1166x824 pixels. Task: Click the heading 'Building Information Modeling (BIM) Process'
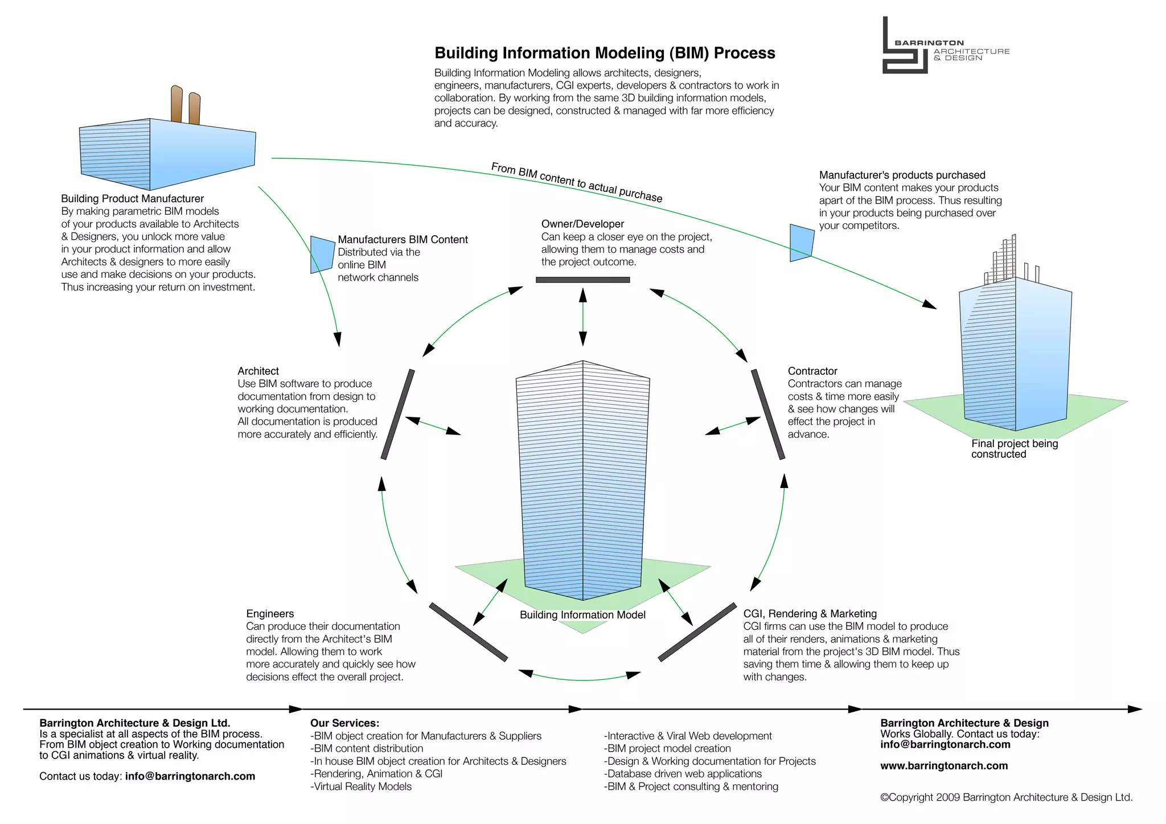coord(605,53)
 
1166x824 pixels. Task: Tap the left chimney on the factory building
coord(176,104)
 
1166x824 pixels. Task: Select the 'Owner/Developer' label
coord(582,224)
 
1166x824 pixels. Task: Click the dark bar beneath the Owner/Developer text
coord(582,280)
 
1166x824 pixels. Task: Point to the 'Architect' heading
coord(258,371)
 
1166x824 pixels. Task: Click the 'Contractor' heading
coord(812,371)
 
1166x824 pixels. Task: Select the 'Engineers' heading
coord(270,613)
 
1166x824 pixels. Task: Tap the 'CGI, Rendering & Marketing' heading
coord(810,613)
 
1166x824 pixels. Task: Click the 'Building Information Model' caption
coord(582,614)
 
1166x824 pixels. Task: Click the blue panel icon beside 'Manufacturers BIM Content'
coord(322,255)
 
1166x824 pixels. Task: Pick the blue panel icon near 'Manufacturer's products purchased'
coord(802,243)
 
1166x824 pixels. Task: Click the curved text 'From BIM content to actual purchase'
coord(576,182)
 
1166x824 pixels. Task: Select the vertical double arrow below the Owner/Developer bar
coord(582,317)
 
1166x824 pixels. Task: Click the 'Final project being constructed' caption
coord(1013,449)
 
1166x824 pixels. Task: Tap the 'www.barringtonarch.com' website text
coord(944,765)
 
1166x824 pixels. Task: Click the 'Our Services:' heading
coord(344,723)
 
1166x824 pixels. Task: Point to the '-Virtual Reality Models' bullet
coord(361,786)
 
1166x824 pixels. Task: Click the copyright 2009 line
coord(1006,797)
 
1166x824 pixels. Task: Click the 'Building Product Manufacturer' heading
coord(132,198)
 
